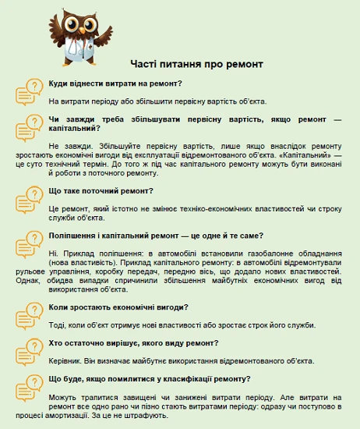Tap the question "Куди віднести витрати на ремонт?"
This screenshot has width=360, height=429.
click(x=115, y=83)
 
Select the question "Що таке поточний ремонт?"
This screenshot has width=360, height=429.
click(x=101, y=191)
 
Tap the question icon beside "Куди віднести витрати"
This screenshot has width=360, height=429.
click(x=29, y=90)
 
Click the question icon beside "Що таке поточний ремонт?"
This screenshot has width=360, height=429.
click(x=29, y=198)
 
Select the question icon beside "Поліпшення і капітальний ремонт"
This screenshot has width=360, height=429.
click(x=29, y=243)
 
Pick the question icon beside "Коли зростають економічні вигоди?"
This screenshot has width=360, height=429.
click(x=29, y=314)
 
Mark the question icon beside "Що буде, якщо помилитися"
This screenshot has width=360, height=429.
click(x=29, y=386)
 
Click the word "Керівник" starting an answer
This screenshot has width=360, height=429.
click(x=64, y=361)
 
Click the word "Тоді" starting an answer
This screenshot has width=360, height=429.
click(x=57, y=325)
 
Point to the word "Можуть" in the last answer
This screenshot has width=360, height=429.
click(x=63, y=398)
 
